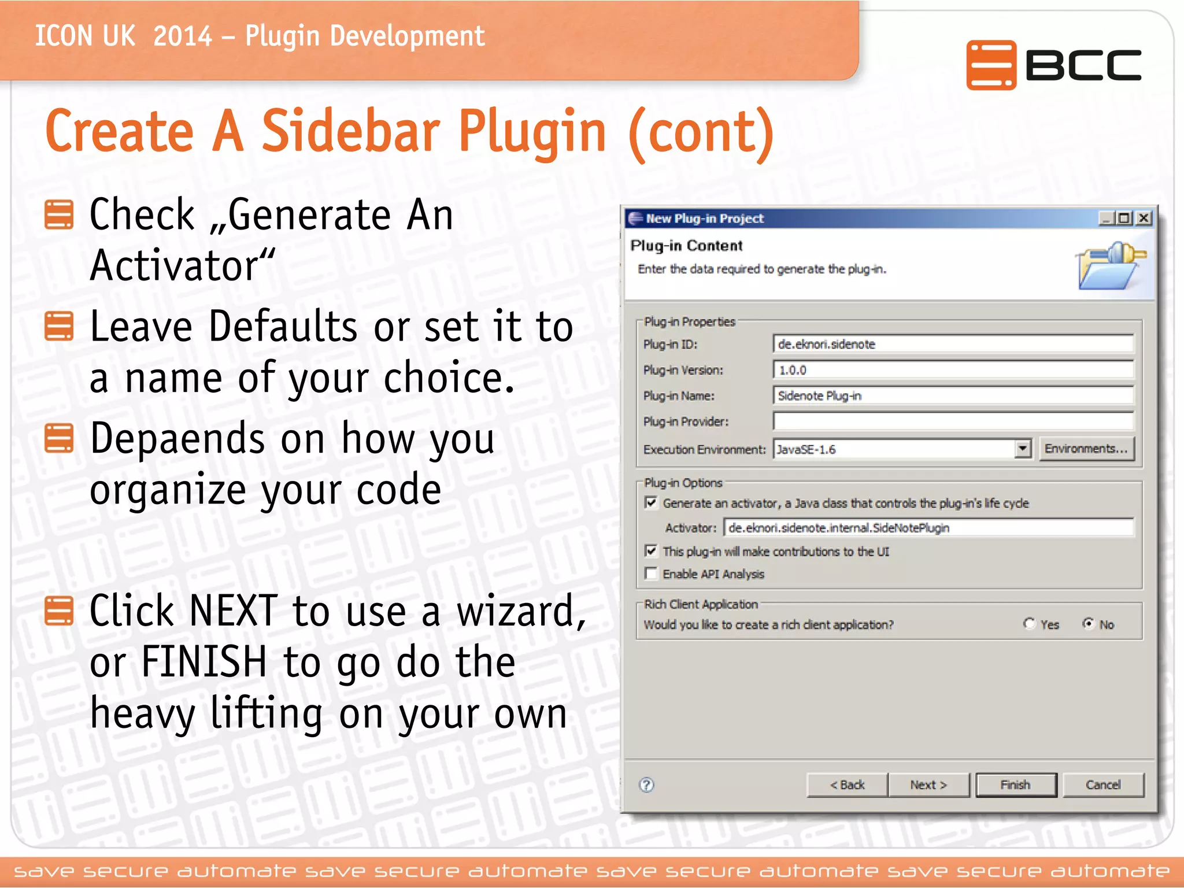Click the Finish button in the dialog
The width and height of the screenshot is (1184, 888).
[1016, 785]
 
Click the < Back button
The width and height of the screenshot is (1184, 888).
[847, 785]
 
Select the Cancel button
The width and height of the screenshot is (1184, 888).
[1103, 785]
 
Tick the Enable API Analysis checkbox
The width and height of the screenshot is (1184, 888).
[652, 573]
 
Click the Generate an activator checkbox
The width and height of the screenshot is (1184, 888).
[652, 502]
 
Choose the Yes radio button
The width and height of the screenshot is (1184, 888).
[1029, 624]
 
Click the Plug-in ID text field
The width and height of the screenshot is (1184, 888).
[953, 344]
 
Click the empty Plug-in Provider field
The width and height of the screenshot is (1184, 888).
[953, 421]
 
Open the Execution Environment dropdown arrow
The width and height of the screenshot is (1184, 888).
[1023, 449]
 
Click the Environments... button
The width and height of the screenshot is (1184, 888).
[1086, 449]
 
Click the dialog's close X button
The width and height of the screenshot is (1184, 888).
[1144, 219]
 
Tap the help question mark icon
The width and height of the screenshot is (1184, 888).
[647, 785]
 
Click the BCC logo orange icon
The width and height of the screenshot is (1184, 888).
[991, 65]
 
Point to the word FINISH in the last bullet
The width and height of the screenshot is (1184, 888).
[203, 662]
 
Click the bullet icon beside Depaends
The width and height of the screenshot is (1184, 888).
[59, 438]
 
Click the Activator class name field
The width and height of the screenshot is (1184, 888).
[928, 528]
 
